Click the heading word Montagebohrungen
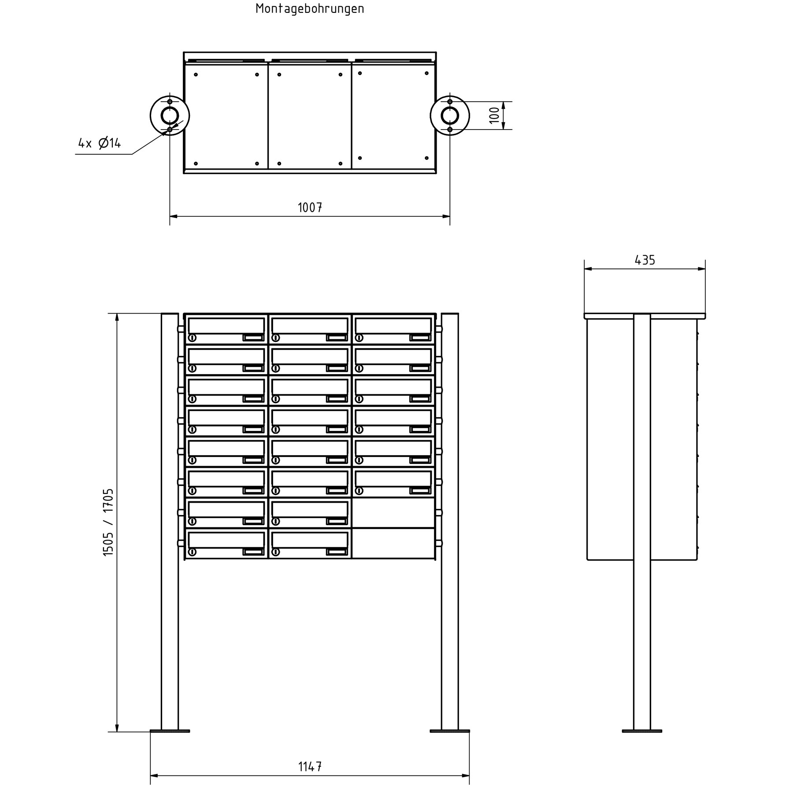[310, 9]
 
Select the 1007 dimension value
[310, 208]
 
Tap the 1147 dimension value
[310, 767]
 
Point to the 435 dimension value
[645, 260]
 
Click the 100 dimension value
[495, 115]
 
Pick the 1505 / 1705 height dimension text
[108, 522]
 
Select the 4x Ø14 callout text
[100, 143]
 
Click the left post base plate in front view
[170, 731]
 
